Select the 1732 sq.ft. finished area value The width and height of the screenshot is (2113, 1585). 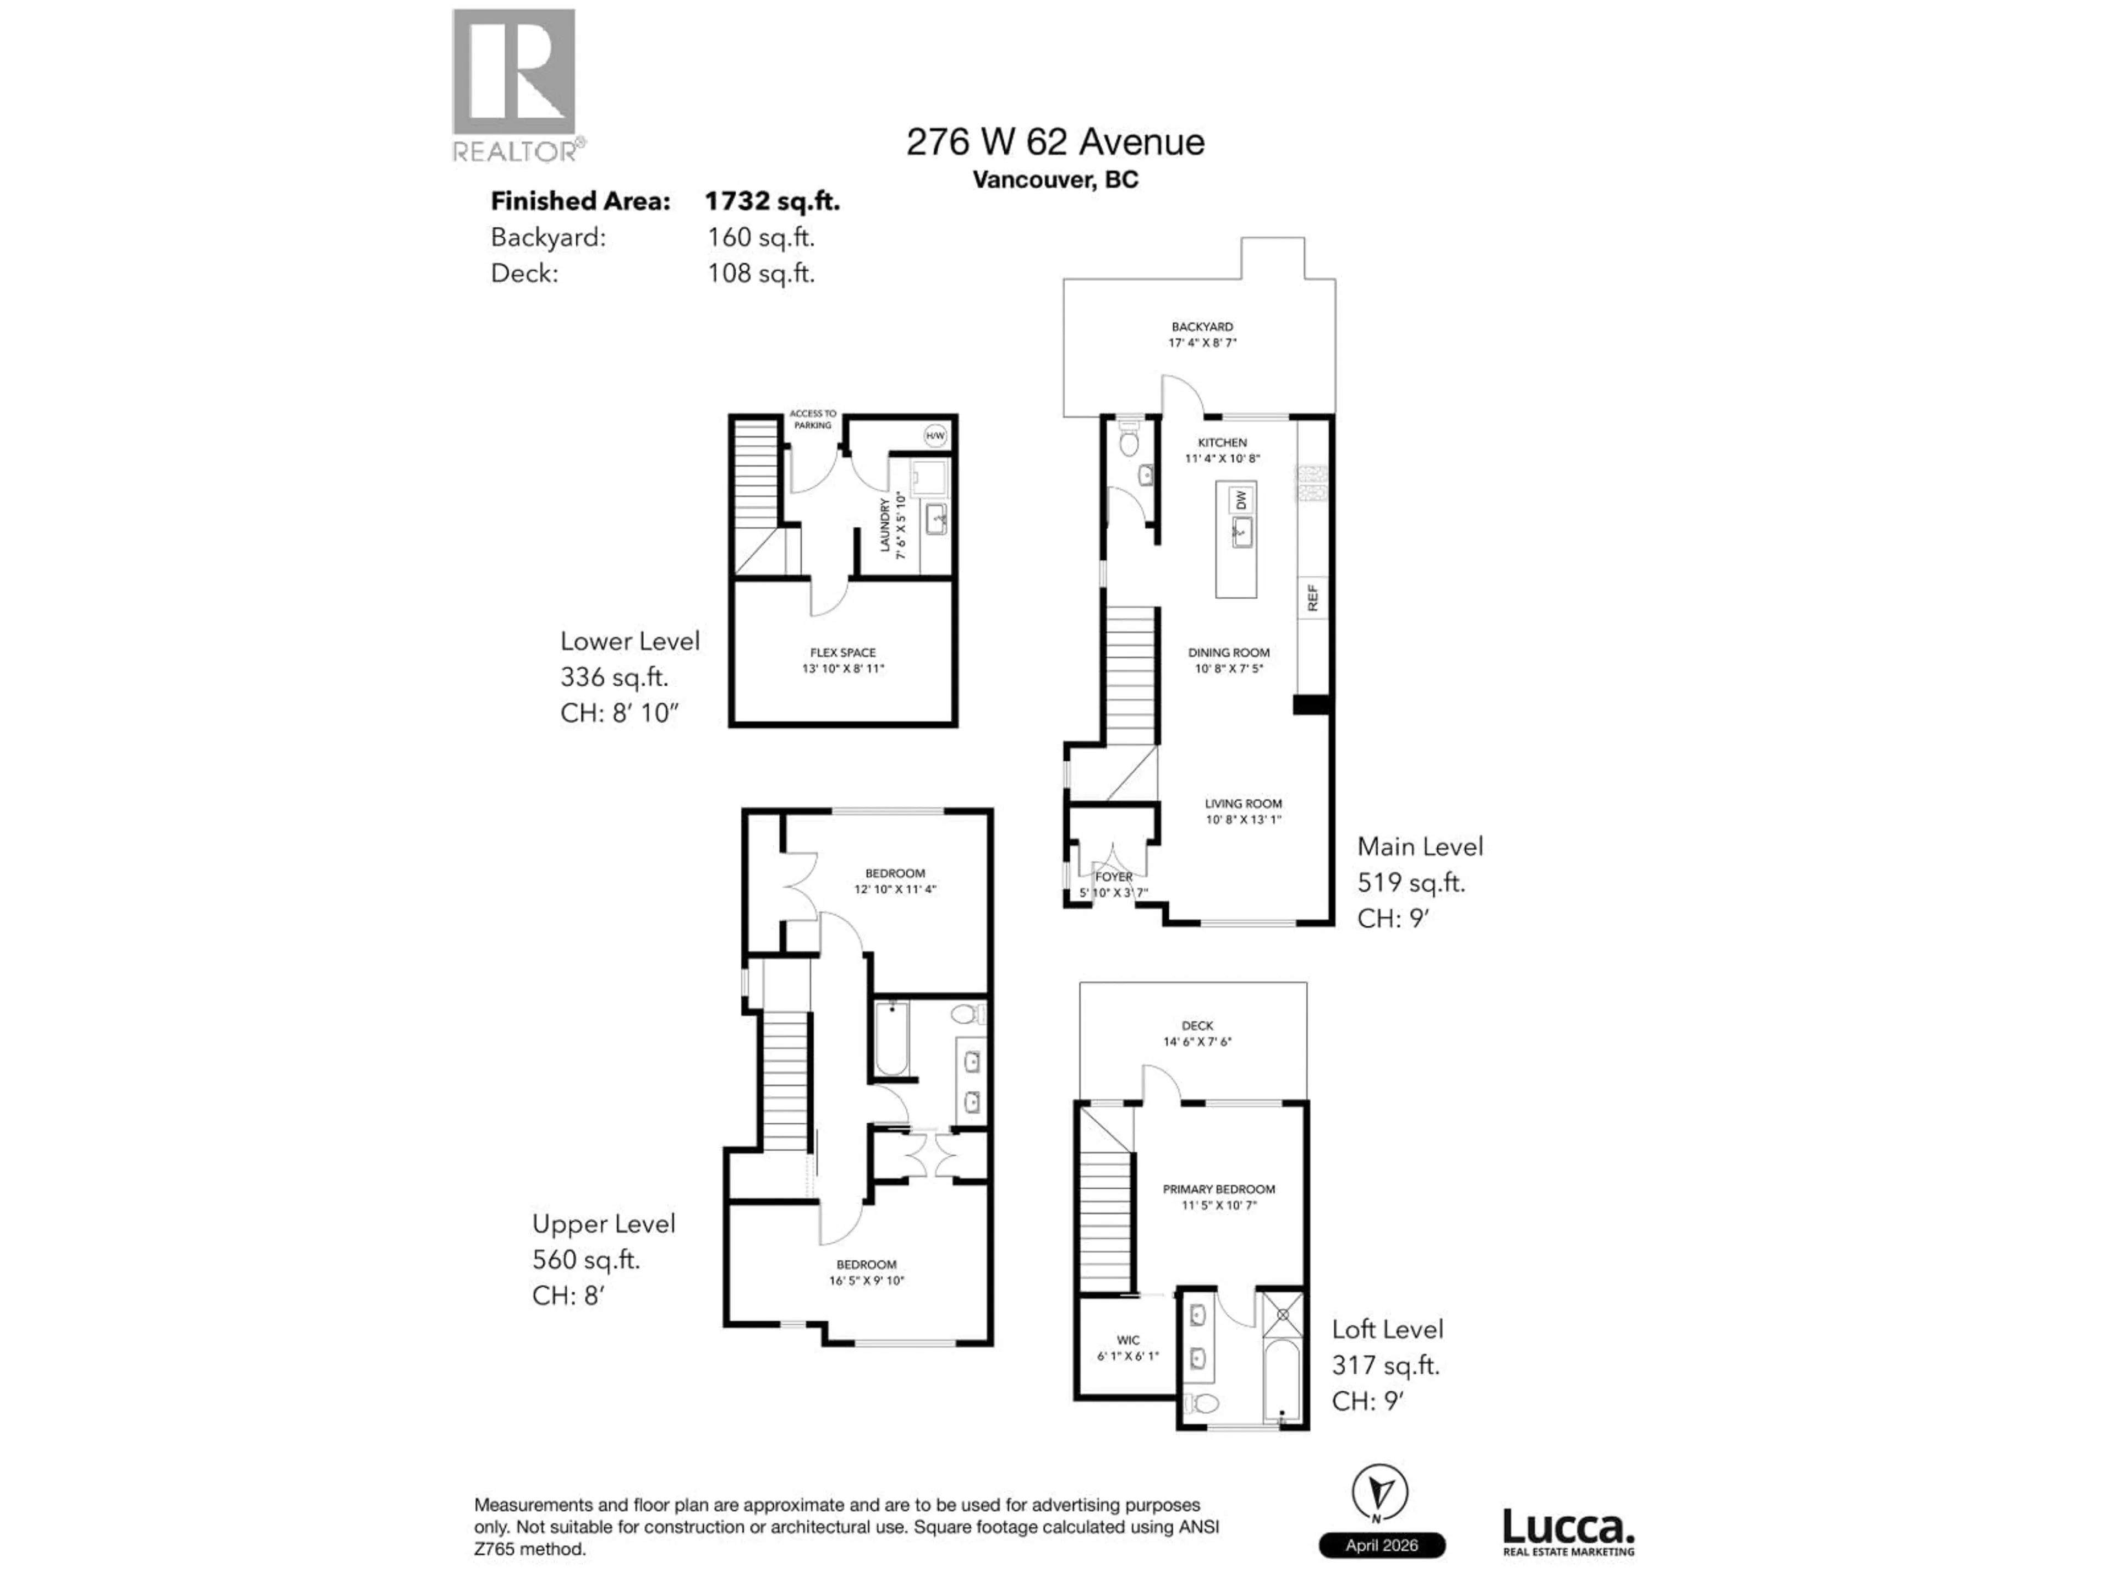pos(772,201)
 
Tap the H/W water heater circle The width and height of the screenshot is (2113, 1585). pos(935,436)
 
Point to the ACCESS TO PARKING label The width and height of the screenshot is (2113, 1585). pos(812,419)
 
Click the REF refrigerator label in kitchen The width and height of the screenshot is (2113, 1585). pos(1312,598)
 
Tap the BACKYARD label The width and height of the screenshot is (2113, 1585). pos(1202,327)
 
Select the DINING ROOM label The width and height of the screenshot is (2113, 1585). pos(1228,653)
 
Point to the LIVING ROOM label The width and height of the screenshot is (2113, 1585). pos(1243,804)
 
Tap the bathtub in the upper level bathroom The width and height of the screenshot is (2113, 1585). pos(892,1037)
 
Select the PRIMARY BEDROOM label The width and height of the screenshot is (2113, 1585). pos(1218,1189)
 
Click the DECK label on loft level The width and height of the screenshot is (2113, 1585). pos(1197,1025)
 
